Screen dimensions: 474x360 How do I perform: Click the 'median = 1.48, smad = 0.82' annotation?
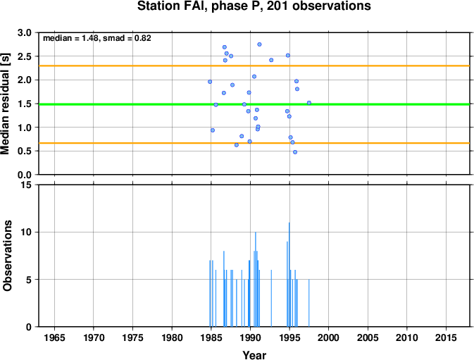97,38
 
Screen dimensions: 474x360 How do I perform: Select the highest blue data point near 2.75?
259,44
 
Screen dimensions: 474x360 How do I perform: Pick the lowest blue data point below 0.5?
295,152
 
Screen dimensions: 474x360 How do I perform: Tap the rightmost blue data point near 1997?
309,103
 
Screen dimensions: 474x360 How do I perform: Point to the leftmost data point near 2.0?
210,82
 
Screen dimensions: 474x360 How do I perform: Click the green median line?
254,104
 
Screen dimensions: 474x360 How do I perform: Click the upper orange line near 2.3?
254,66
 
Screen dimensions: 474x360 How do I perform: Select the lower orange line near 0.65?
254,143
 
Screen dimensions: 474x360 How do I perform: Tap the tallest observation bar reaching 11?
289,275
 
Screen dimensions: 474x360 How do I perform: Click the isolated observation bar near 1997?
309,303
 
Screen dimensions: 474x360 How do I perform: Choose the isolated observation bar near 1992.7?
271,298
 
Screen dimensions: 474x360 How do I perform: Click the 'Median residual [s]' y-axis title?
6,104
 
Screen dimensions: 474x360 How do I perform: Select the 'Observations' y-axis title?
7,256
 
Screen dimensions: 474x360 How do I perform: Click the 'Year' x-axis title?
254,355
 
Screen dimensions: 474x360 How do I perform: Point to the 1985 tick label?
211,337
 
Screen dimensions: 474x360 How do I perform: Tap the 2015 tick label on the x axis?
446,337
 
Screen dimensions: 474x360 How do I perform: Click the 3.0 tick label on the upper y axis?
25,32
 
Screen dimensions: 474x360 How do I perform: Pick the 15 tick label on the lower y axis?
27,185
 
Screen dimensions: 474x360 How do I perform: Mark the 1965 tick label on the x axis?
54,337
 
